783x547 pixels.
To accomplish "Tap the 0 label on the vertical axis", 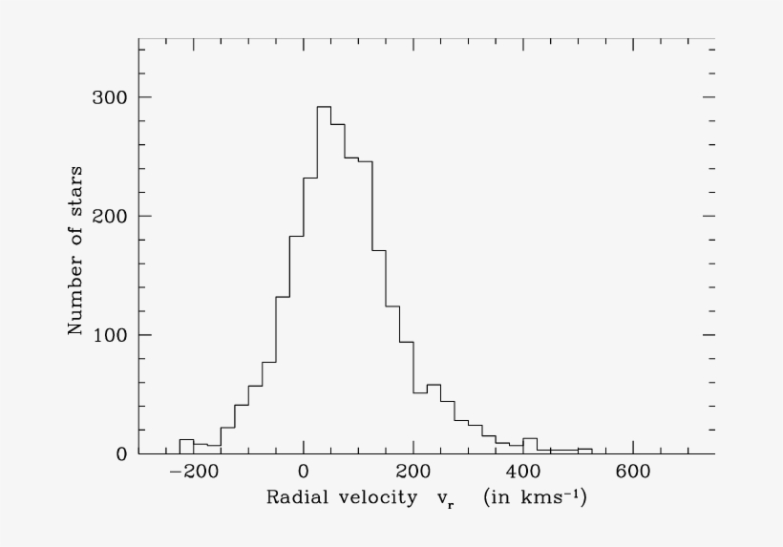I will tap(122, 453).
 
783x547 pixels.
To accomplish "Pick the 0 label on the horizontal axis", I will tap(303, 472).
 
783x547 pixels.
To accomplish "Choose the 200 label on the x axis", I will tap(413, 472).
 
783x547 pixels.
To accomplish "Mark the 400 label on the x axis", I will tap(522, 472).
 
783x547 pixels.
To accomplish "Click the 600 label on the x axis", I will tap(632, 472).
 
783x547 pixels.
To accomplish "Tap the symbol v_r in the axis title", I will tap(443, 498).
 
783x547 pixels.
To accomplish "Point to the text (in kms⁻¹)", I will tap(535, 496).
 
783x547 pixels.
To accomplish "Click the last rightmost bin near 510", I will tap(584, 450).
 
